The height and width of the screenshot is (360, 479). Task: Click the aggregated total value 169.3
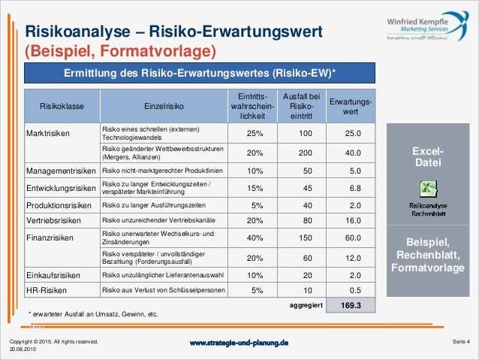(x=351, y=306)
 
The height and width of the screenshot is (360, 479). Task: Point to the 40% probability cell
(x=254, y=238)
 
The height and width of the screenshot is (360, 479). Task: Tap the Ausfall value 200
(x=305, y=152)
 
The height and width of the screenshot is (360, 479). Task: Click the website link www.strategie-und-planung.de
(x=239, y=343)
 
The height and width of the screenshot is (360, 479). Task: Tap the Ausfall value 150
(x=305, y=238)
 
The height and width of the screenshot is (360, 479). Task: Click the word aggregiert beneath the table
(x=306, y=306)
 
